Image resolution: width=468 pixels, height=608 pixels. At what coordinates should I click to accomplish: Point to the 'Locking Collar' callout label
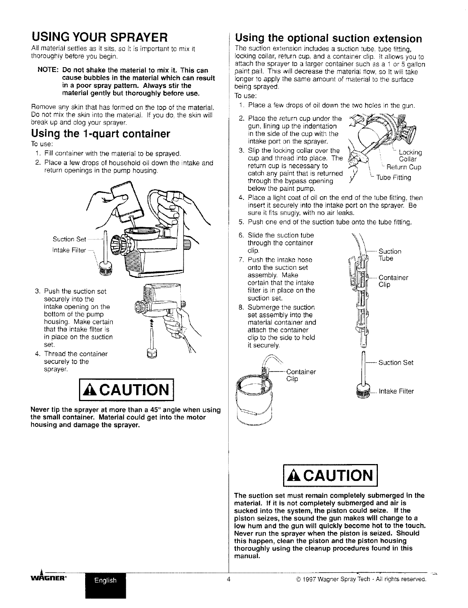click(x=410, y=156)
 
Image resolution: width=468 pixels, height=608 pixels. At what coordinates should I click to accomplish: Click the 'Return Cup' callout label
click(x=404, y=167)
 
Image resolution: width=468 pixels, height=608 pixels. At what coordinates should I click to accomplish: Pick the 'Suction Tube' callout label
click(x=389, y=255)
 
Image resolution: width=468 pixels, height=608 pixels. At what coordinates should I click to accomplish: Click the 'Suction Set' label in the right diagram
click(x=395, y=363)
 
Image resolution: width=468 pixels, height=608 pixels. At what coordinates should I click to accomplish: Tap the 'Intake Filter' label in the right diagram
click(x=396, y=392)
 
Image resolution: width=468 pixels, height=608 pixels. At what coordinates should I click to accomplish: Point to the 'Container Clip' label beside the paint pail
click(x=301, y=375)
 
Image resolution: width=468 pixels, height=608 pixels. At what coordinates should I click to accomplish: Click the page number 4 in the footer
click(x=228, y=580)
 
